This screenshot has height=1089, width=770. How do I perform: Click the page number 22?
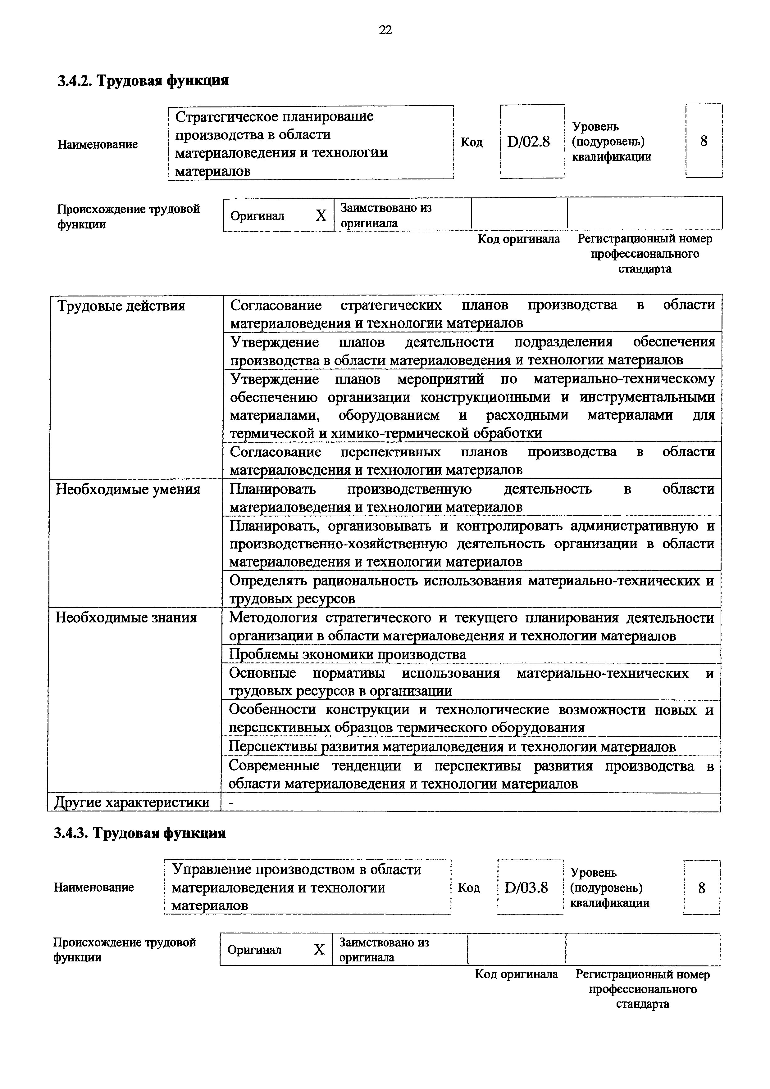tap(385, 30)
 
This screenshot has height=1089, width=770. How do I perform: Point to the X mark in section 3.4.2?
tap(321, 216)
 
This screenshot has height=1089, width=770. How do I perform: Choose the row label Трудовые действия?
tap(121, 306)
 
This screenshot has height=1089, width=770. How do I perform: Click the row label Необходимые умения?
tap(128, 489)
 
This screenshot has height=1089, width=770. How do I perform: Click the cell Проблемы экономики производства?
tap(347, 654)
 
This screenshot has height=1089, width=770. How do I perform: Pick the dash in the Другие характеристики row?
tap(231, 802)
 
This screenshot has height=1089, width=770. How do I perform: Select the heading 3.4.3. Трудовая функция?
tap(140, 833)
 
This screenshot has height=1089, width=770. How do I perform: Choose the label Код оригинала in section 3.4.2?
tap(518, 239)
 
